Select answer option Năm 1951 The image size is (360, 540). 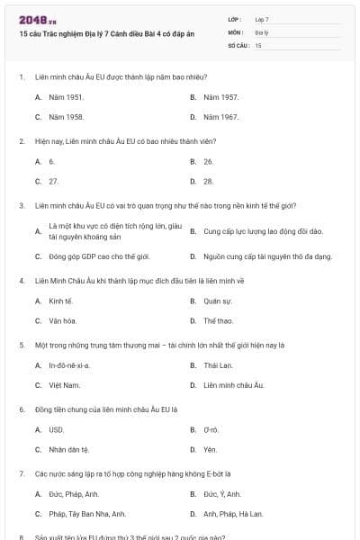coord(67,96)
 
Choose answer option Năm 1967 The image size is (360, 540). coord(220,117)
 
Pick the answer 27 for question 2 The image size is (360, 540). coord(53,181)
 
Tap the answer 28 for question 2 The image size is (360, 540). coord(208,181)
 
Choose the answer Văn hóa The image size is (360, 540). coord(62,320)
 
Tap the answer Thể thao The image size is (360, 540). coord(218,320)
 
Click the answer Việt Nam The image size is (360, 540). coord(64,385)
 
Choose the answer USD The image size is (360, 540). coord(57,430)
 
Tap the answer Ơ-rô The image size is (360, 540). coord(211,430)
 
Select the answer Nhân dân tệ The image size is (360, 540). coord(68,449)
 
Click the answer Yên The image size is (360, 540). coord(210,449)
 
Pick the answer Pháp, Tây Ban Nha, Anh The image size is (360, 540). coord(87,514)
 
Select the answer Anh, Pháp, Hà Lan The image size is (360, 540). coord(232,514)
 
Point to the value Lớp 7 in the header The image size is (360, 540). coord(262,19)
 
